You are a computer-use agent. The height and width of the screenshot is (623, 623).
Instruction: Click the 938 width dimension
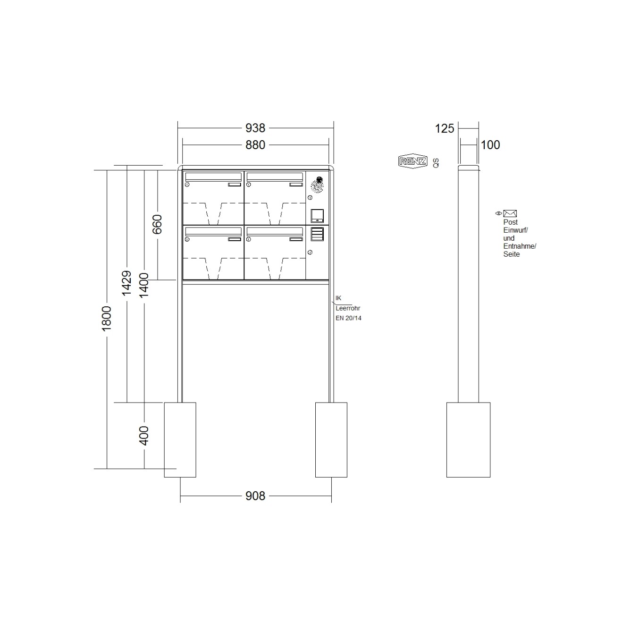tap(255, 128)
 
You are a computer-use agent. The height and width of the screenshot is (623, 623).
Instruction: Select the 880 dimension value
tap(255, 145)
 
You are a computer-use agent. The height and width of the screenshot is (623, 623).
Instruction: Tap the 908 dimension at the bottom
tap(255, 496)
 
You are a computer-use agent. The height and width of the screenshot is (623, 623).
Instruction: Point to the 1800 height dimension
tap(107, 318)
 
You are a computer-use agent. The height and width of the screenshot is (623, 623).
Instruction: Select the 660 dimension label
tap(158, 224)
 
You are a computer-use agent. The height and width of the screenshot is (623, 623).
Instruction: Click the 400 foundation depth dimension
tap(144, 435)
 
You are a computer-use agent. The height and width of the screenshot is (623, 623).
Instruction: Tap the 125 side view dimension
tap(444, 128)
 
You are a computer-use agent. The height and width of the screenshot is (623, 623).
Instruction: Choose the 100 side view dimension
tap(490, 145)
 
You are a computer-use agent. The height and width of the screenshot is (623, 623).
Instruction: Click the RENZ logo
tap(413, 161)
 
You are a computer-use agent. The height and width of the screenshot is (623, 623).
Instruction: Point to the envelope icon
tap(510, 213)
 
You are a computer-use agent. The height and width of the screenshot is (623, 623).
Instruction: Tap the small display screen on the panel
tap(317, 215)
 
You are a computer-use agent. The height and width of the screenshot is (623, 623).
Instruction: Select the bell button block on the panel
tap(317, 234)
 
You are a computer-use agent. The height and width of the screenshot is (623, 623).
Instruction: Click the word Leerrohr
tap(348, 308)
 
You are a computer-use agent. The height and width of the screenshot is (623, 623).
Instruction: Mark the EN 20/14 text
tap(348, 318)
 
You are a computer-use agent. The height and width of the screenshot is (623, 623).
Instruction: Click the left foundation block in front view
tap(180, 439)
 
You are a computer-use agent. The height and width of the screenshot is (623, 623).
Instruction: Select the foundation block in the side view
tap(468, 439)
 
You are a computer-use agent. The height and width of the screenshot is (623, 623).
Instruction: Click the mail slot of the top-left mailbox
tap(213, 177)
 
